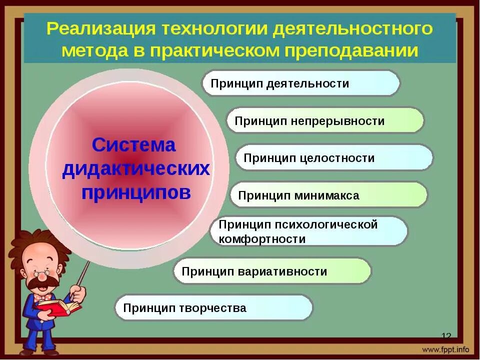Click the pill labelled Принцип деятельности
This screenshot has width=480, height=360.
click(300, 83)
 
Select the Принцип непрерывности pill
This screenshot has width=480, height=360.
click(325, 120)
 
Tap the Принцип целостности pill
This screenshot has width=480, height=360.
click(333, 158)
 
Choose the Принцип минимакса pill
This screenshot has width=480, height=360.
click(328, 195)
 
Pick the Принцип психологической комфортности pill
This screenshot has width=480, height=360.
click(308, 231)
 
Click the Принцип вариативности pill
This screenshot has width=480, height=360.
click(272, 271)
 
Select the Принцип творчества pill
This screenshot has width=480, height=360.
click(213, 307)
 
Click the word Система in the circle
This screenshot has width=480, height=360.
click(134, 145)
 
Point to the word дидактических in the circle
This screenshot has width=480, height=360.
click(136, 169)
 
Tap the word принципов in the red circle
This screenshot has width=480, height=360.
click(136, 192)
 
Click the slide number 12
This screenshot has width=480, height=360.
click(446, 335)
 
